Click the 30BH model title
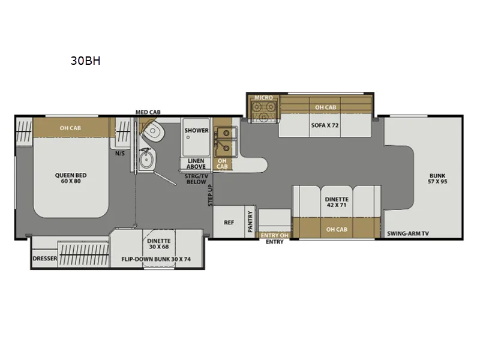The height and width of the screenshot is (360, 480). click(85, 61)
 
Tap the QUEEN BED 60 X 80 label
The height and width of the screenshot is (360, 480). click(71, 178)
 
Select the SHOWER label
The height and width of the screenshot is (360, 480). click(196, 130)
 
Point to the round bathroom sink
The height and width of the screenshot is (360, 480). click(146, 159)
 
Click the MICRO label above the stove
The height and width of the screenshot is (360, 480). click(263, 97)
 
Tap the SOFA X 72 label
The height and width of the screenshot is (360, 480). click(325, 125)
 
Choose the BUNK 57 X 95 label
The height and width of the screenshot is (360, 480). click(437, 178)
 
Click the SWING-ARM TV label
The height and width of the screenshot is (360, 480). click(408, 233)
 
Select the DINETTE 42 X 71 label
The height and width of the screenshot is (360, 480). click(337, 202)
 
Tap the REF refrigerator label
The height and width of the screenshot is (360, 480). click(229, 223)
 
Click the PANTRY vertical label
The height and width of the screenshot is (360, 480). click(250, 221)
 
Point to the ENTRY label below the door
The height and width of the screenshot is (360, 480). click(275, 242)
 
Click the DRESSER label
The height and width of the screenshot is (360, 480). click(45, 259)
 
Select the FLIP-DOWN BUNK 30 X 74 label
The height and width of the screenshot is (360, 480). click(156, 259)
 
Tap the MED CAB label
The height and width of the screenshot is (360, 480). click(148, 112)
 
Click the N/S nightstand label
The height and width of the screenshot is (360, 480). click(120, 154)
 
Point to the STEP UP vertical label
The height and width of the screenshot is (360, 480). click(211, 196)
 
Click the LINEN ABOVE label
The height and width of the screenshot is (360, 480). click(196, 164)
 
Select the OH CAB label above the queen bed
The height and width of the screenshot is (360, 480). click(70, 128)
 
